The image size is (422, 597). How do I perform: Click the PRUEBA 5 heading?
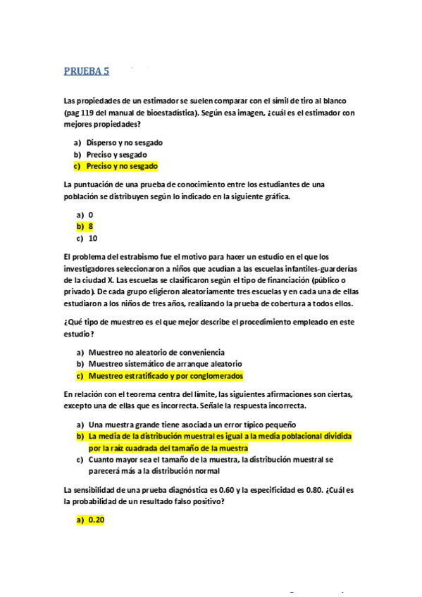click(x=87, y=70)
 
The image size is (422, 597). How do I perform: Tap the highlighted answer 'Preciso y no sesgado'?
click(x=121, y=166)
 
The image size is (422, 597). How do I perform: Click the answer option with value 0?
click(x=91, y=214)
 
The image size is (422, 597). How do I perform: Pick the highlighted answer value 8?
click(x=91, y=226)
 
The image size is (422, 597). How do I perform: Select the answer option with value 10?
click(x=93, y=238)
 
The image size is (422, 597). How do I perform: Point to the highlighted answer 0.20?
click(x=96, y=520)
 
